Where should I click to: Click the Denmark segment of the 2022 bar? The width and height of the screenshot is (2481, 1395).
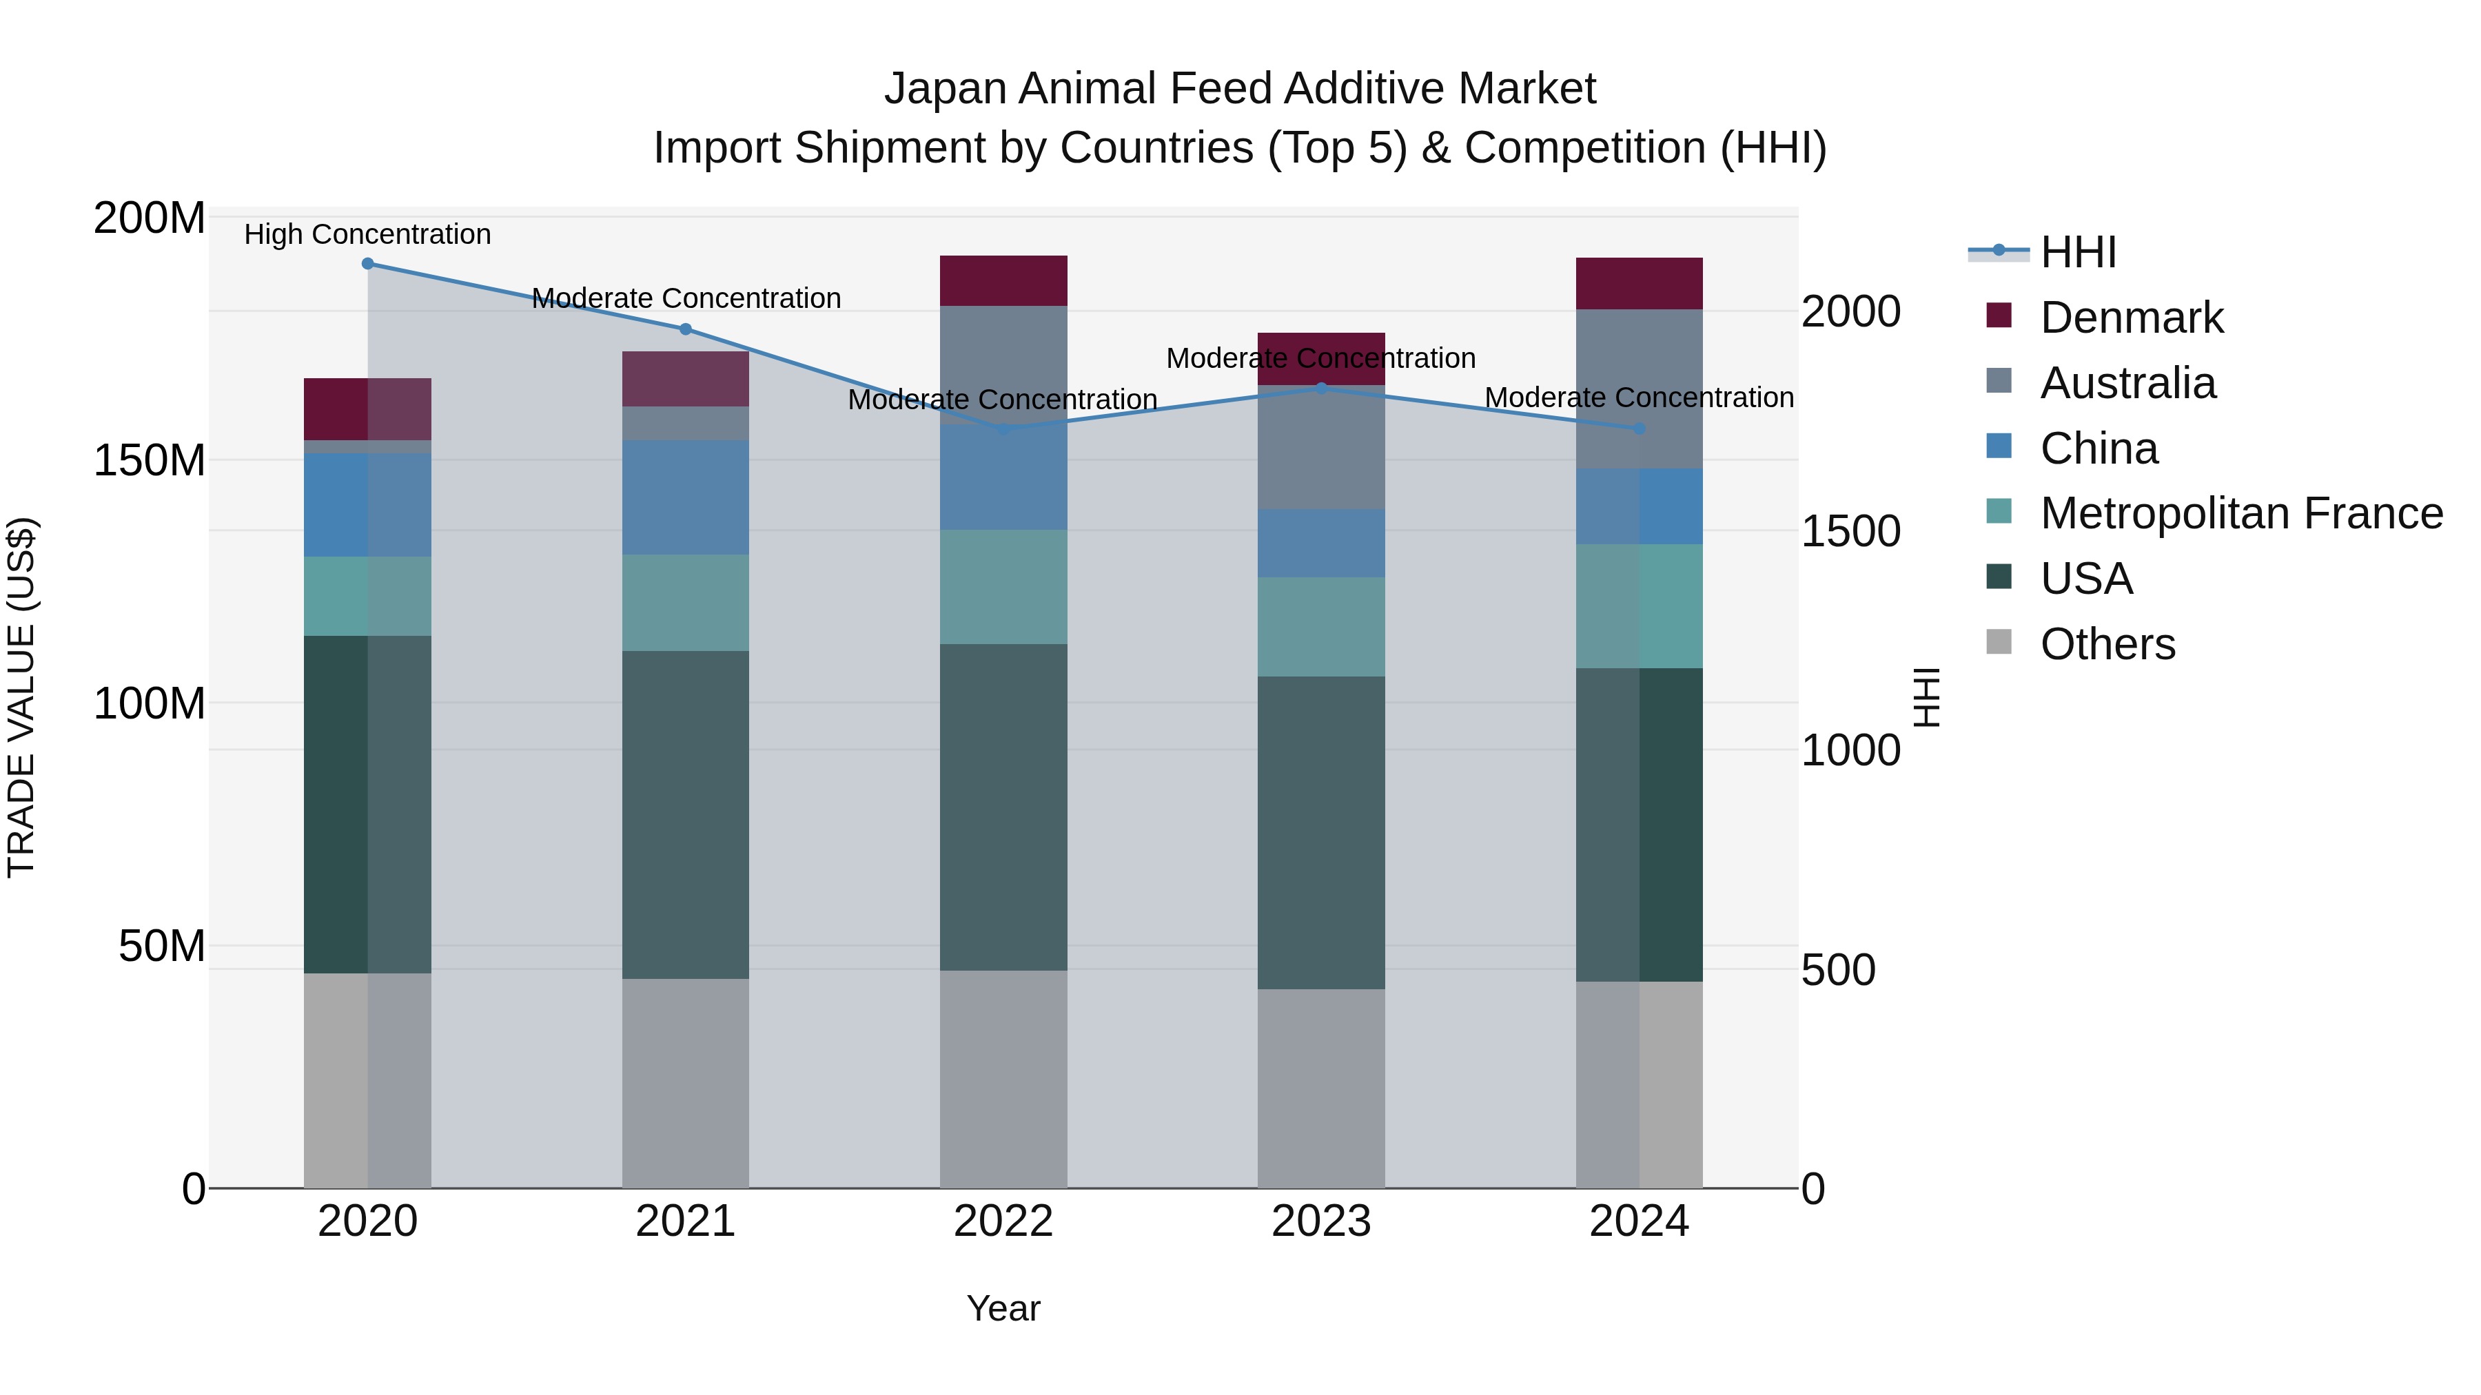click(x=1003, y=280)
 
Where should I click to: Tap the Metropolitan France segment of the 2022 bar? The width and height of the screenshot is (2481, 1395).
click(x=1003, y=586)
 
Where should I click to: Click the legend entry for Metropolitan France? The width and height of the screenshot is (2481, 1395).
click(x=2240, y=513)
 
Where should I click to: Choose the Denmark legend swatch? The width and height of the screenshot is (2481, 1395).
click(x=1999, y=316)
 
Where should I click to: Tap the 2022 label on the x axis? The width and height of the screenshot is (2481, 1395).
click(x=1003, y=1221)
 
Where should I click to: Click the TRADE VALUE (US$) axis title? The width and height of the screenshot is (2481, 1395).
click(x=21, y=697)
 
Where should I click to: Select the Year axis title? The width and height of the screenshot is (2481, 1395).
click(x=1003, y=1308)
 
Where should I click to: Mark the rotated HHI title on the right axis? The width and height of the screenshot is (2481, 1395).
click(x=1926, y=697)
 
